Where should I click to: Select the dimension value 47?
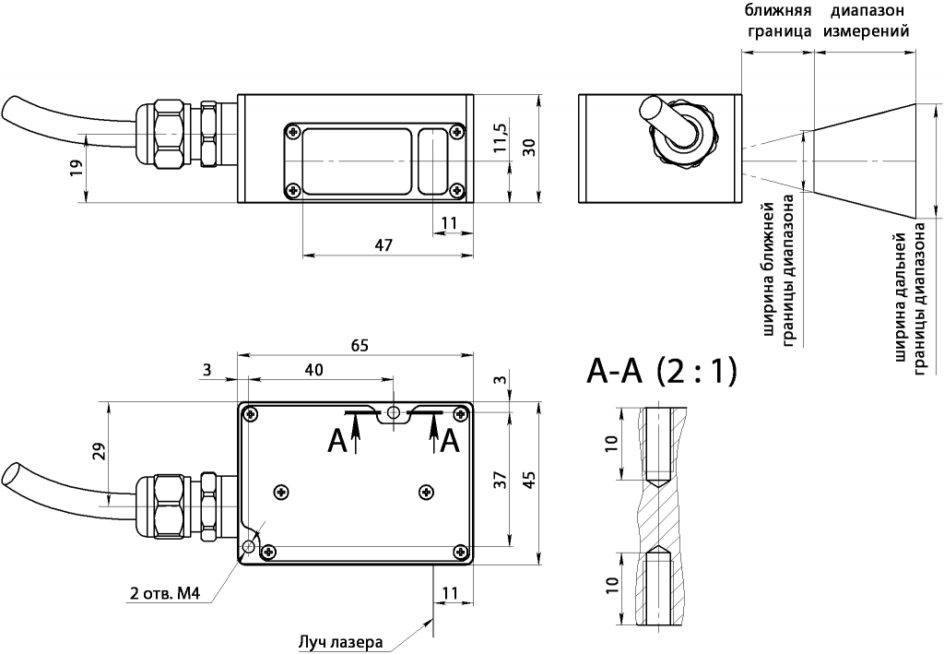pyautogui.click(x=384, y=244)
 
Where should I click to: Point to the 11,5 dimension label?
pyautogui.click(x=499, y=137)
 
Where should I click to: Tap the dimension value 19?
pyautogui.click(x=76, y=167)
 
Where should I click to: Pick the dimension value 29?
pyautogui.click(x=100, y=451)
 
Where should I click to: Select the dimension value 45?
pyautogui.click(x=528, y=480)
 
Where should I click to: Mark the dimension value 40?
pyautogui.click(x=313, y=370)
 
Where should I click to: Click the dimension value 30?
pyautogui.click(x=528, y=148)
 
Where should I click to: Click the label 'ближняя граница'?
pyautogui.click(x=777, y=20)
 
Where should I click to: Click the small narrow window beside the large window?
pyautogui.click(x=431, y=161)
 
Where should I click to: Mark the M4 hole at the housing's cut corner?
pyautogui.click(x=248, y=546)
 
